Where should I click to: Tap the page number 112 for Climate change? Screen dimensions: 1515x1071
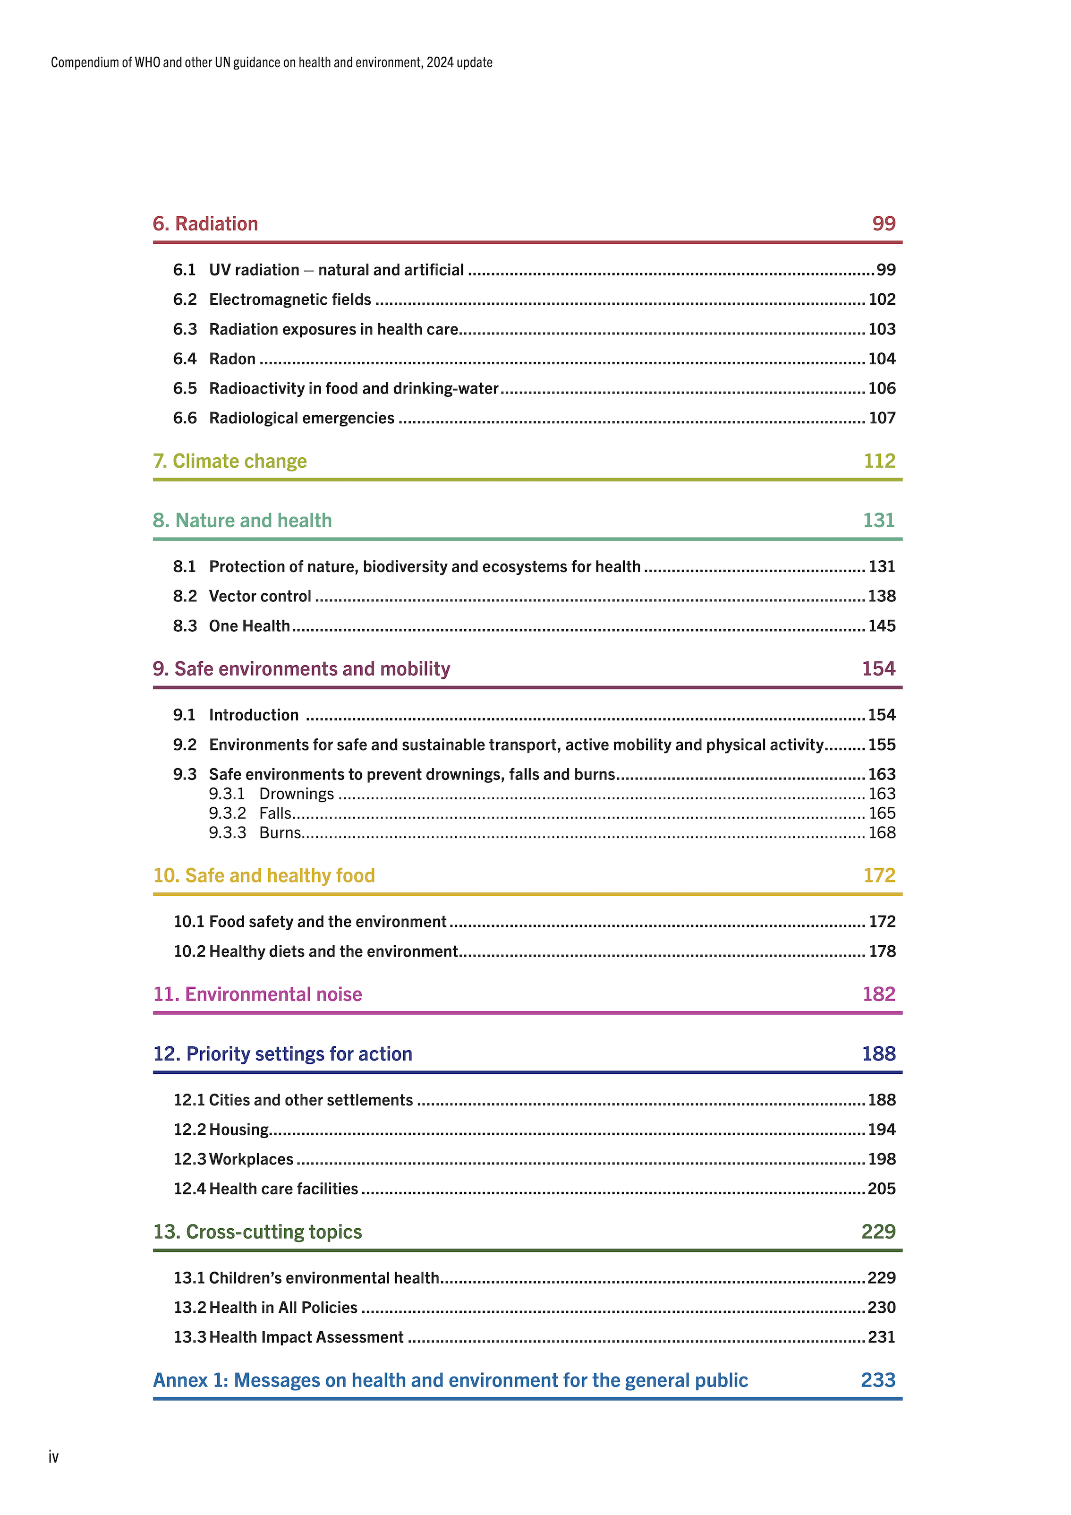(879, 461)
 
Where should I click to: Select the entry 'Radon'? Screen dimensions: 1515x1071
(232, 359)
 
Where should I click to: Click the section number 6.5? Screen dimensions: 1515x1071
(185, 389)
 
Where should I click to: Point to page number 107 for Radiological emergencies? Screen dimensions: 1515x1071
(882, 419)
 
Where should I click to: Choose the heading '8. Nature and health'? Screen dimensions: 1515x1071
(242, 521)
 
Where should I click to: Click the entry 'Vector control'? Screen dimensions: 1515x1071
(260, 597)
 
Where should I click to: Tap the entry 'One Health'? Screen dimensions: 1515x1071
(249, 626)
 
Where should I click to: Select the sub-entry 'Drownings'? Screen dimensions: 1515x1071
(296, 794)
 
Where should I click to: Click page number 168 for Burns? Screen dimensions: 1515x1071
(882, 833)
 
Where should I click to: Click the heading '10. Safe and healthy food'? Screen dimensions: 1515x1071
(264, 876)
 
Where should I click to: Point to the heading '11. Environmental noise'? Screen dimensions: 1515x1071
(257, 994)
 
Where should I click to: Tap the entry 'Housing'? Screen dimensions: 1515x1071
(239, 1130)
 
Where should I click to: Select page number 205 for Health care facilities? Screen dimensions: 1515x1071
(882, 1189)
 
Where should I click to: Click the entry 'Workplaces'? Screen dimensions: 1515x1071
(251, 1159)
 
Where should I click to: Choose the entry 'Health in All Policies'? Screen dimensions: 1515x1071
(283, 1308)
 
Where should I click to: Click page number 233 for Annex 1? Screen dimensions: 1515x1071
(878, 1380)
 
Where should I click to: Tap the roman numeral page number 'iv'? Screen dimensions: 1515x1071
(53, 1457)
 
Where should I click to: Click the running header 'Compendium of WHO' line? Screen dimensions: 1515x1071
(271, 63)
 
